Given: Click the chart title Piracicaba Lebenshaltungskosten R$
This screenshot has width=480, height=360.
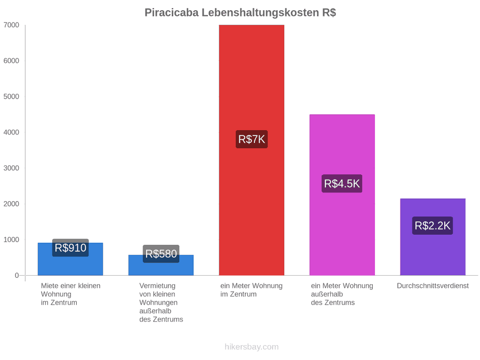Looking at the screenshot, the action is [240, 13].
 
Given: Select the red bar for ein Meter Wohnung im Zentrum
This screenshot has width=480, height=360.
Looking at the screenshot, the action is [252, 150].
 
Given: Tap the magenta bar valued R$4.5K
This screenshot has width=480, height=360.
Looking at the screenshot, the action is [342, 195].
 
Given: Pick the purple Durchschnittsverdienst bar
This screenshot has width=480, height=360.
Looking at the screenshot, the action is [433, 237].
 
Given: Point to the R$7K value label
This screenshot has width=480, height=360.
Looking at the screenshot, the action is [252, 139].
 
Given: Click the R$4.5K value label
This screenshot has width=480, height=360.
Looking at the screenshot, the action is [342, 183].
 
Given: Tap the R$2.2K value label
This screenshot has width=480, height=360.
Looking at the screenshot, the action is [433, 226].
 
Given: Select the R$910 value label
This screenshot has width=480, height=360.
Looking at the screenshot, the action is [70, 247].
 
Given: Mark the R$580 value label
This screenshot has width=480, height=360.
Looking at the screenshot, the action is [161, 254].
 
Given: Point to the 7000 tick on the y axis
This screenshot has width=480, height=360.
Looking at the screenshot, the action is [11, 25].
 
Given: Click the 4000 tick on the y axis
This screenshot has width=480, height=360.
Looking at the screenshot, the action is [11, 132].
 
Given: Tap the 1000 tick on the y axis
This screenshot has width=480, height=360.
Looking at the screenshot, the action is [11, 239].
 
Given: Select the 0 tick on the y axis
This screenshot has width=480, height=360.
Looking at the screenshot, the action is [17, 276].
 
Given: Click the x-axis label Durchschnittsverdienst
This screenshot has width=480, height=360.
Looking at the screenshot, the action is [433, 286].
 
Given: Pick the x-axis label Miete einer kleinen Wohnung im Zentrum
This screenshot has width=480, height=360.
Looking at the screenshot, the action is [71, 294].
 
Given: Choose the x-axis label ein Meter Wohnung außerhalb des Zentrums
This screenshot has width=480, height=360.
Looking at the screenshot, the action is [342, 294].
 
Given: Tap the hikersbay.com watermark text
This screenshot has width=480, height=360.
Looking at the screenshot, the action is [252, 347].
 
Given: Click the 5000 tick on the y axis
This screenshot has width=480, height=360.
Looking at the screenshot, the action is [11, 97].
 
